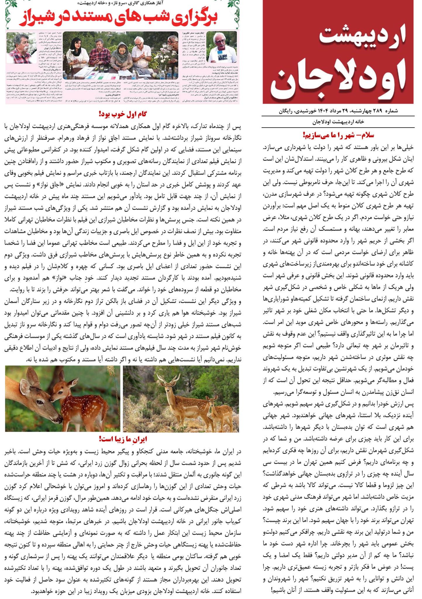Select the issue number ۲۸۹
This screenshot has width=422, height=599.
pyautogui.click(x=378, y=111)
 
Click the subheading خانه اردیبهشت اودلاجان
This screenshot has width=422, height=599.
pyautogui.click(x=338, y=122)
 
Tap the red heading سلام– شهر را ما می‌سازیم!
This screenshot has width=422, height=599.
pyautogui.click(x=338, y=135)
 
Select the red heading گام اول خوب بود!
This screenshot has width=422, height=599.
pyautogui.click(x=123, y=114)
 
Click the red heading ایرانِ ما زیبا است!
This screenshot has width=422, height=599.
pyautogui.click(x=123, y=439)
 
